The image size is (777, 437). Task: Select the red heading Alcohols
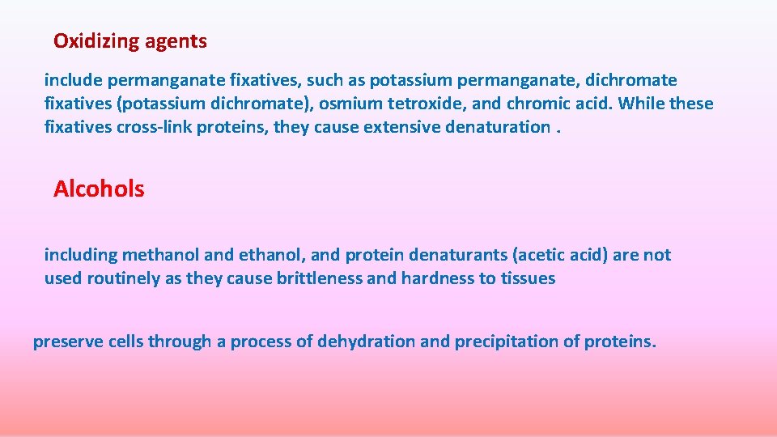(99, 189)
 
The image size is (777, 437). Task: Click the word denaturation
(498, 127)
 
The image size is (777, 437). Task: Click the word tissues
(528, 278)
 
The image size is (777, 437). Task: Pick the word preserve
(64, 342)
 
